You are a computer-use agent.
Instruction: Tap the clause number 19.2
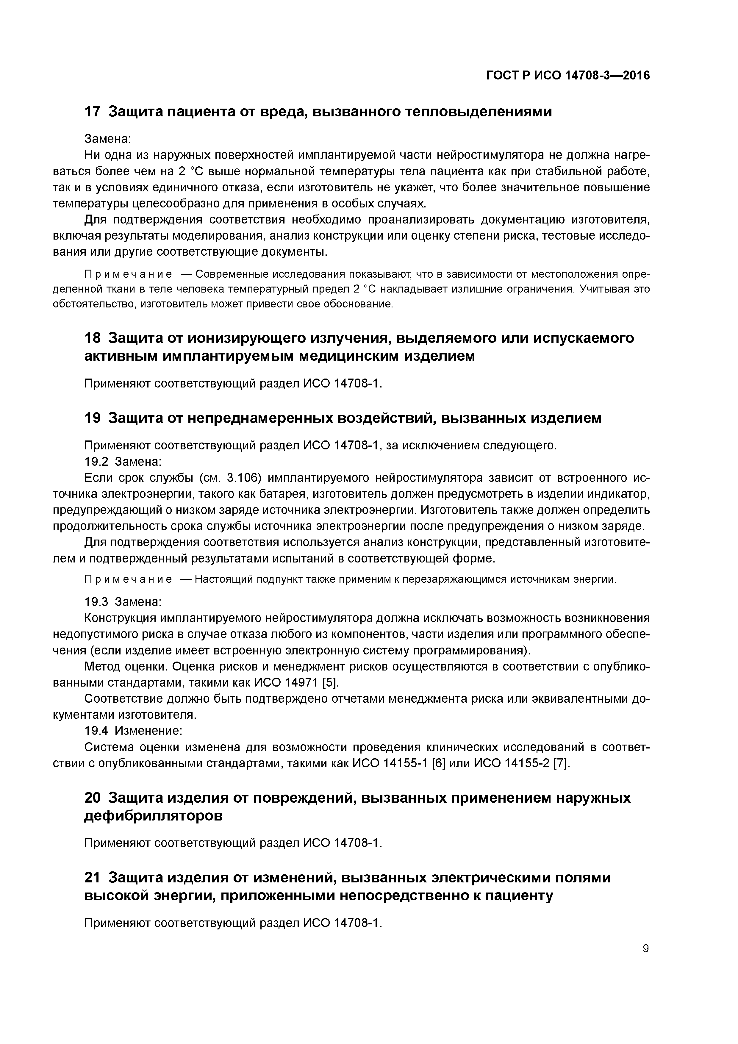coord(96,462)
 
